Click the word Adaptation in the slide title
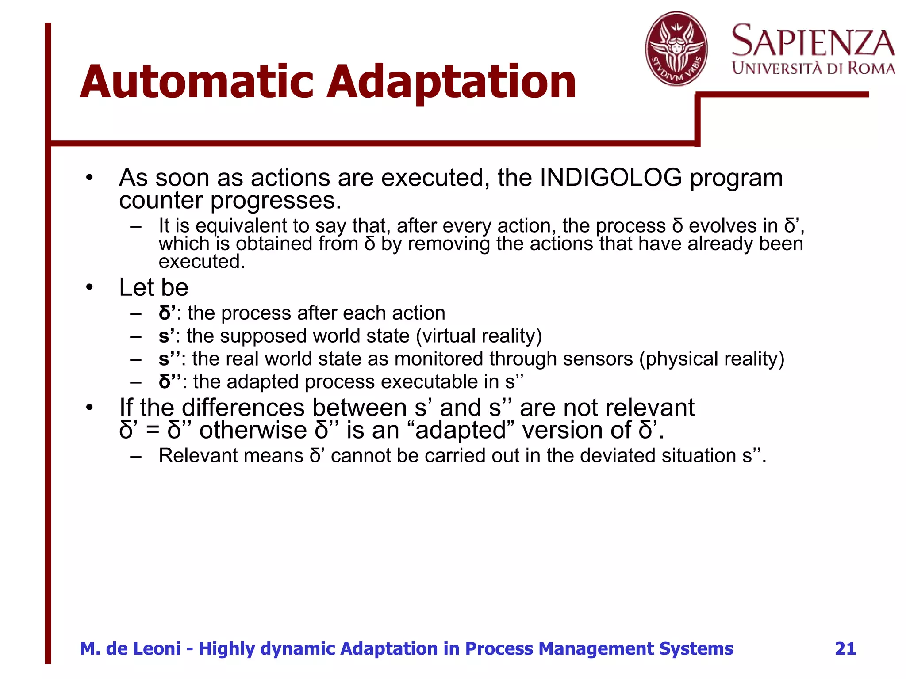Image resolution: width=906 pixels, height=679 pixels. coord(451,83)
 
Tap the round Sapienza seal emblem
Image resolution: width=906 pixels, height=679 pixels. coord(676,49)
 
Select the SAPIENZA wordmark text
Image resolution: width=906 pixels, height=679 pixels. coord(813,41)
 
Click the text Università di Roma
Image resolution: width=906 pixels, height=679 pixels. coord(813,69)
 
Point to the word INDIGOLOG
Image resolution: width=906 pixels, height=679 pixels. coord(611,178)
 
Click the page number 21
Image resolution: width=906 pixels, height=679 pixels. coord(845,648)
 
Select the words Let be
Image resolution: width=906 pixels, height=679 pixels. coord(154,287)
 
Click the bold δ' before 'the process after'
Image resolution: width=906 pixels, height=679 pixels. coord(167,313)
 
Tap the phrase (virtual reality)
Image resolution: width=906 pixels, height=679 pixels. coord(479,336)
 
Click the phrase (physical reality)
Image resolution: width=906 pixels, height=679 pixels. coord(711,359)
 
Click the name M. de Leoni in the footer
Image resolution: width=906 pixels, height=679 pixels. coord(130,648)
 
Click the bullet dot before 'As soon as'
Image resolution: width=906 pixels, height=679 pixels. coord(90,178)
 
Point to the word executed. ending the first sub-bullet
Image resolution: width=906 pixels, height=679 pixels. coord(202,262)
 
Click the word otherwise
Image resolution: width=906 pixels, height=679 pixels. coord(253,430)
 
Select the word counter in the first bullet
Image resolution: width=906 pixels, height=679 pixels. coord(161,200)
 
